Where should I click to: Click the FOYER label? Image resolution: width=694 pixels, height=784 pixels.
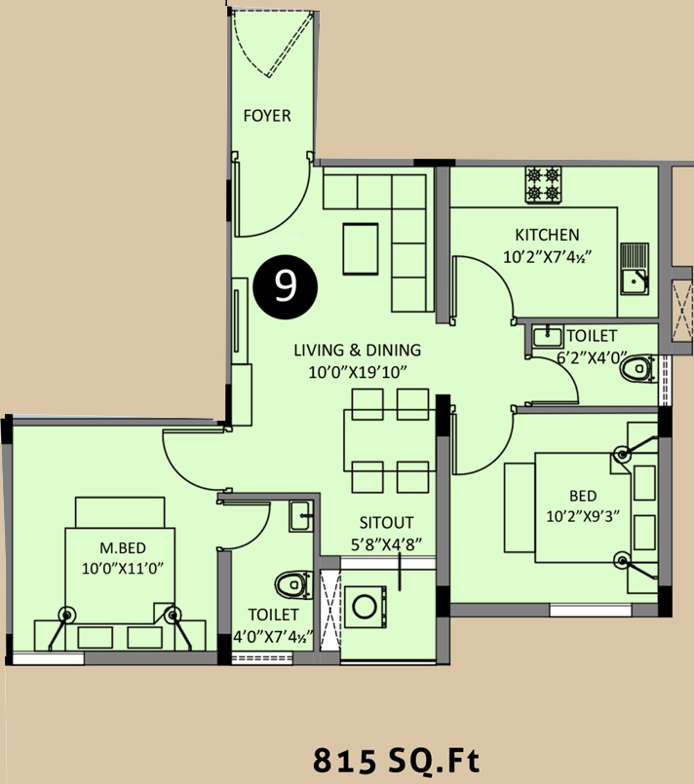(267, 116)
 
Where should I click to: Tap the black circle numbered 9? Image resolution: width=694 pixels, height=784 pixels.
(286, 287)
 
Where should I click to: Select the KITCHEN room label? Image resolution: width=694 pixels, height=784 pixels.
(547, 235)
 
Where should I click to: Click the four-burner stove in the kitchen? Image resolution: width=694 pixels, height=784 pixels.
(543, 184)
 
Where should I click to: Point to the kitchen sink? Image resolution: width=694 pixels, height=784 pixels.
(635, 269)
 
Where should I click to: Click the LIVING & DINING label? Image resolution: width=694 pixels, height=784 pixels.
(358, 350)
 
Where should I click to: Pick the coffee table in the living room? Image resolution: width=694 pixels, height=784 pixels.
(361, 249)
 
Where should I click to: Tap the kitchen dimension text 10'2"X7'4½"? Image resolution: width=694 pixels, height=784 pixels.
(547, 257)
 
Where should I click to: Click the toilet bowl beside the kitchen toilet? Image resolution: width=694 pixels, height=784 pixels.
(637, 369)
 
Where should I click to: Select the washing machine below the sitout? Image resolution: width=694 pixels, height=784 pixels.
(366, 607)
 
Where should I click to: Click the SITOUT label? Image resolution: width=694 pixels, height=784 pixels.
(386, 522)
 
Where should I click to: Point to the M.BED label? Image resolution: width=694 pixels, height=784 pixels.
(123, 548)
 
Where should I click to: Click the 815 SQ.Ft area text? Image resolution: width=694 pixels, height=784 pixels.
(396, 761)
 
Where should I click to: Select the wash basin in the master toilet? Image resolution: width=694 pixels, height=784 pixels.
(301, 516)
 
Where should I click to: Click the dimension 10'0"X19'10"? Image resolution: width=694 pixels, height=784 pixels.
(358, 372)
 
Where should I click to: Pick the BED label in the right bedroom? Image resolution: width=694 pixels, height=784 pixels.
(583, 496)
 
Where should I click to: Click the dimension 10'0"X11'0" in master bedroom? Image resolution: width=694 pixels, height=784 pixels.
(123, 569)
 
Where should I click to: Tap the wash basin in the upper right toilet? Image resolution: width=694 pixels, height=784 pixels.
(548, 337)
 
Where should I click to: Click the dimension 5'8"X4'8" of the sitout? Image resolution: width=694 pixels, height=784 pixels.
(386, 544)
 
